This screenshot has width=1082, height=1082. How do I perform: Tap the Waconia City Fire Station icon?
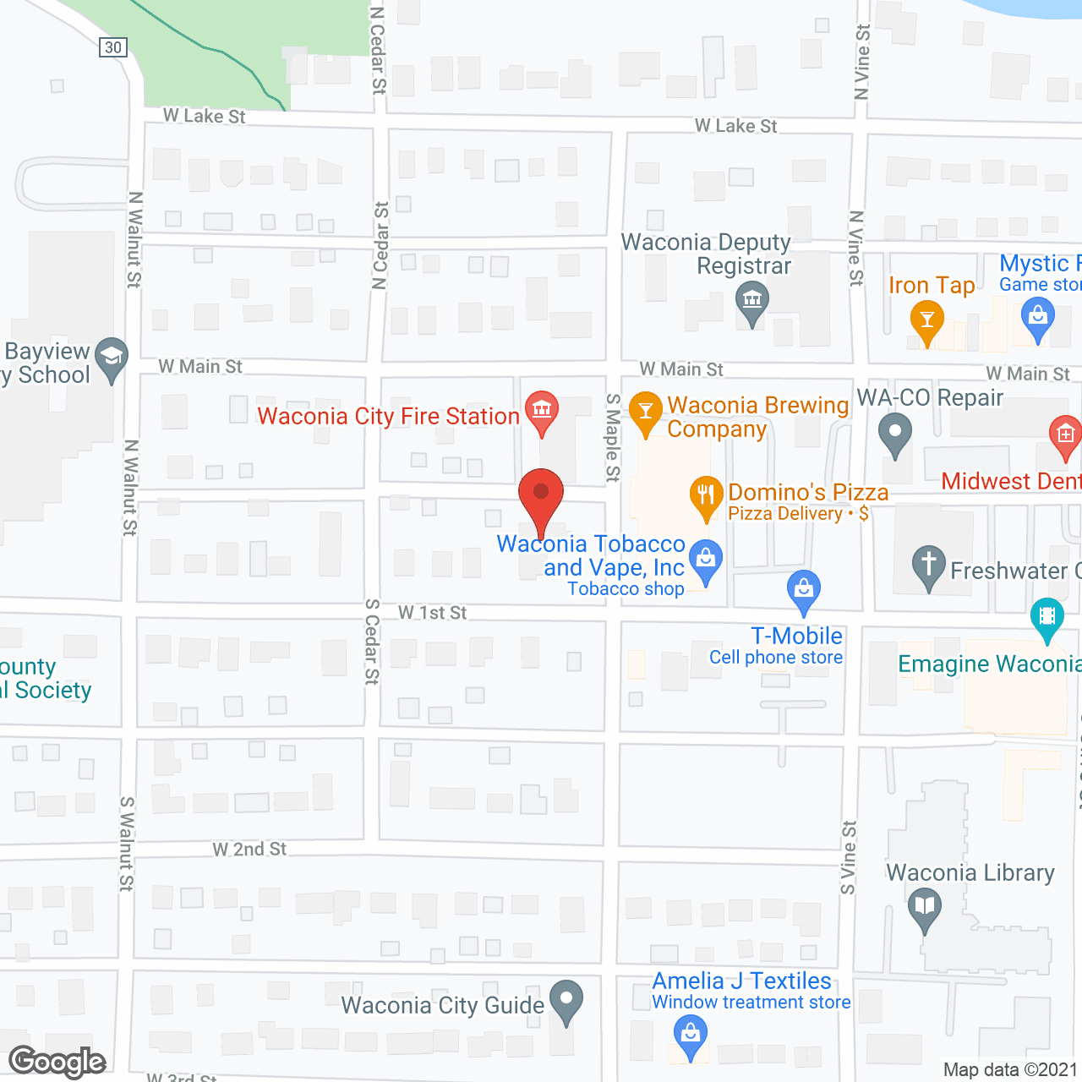[541, 409]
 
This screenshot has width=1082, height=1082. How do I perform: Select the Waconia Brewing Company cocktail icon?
[646, 411]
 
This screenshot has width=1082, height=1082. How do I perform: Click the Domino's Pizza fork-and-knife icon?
[706, 495]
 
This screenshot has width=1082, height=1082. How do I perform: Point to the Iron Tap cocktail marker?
[927, 320]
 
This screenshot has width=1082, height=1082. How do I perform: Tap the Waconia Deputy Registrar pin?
[751, 300]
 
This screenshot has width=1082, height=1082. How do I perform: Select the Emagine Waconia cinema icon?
[1047, 615]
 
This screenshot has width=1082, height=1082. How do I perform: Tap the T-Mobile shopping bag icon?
[804, 587]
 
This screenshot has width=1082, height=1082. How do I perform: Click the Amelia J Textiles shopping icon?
[691, 1034]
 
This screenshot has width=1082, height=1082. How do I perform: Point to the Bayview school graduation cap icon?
[111, 356]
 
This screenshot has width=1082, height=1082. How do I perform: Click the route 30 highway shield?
[113, 47]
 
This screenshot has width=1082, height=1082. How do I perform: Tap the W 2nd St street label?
[249, 849]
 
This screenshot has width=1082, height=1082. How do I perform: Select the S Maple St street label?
[614, 438]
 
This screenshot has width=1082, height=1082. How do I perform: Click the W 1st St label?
[432, 612]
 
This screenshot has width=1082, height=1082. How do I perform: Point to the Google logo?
[57, 1062]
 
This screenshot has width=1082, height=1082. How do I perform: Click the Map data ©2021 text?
[1010, 1069]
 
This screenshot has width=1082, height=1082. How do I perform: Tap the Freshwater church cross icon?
[928, 564]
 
